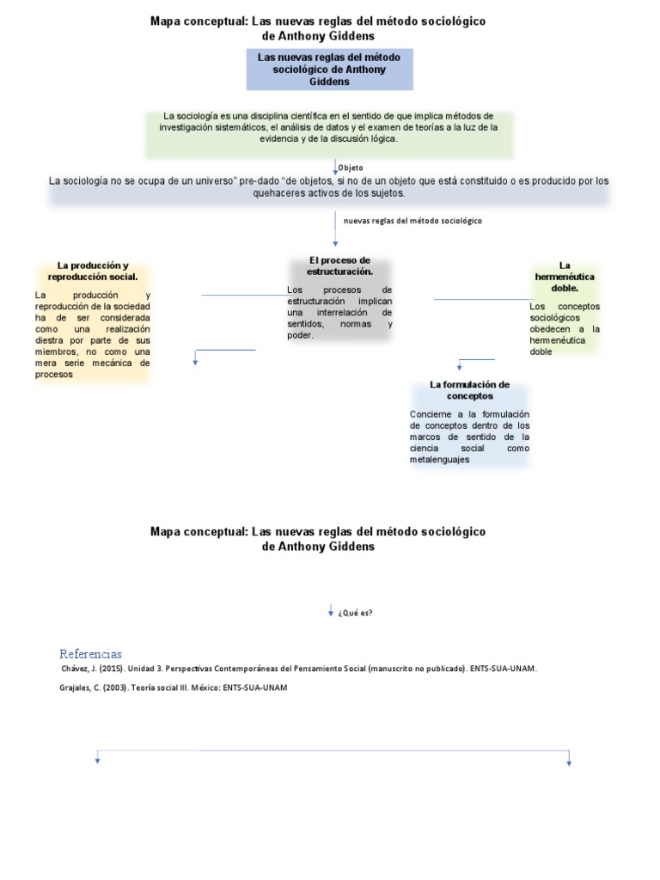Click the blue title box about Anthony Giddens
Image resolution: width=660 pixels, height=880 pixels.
pyautogui.click(x=330, y=69)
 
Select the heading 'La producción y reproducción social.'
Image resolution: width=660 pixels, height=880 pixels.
pyautogui.click(x=93, y=271)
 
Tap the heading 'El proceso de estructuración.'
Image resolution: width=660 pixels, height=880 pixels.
pyautogui.click(x=339, y=266)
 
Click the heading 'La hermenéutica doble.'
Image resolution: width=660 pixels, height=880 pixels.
pyautogui.click(x=565, y=277)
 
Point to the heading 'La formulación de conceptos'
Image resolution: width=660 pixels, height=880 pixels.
pyautogui.click(x=470, y=390)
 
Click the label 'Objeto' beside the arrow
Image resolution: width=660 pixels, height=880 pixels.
pyautogui.click(x=351, y=168)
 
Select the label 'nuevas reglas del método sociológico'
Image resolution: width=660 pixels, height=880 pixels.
pyautogui.click(x=412, y=221)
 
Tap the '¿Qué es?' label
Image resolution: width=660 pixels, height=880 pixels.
pyautogui.click(x=356, y=613)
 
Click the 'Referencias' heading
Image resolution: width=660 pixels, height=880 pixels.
pyautogui.click(x=90, y=653)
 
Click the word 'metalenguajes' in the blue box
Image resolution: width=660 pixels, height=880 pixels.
pyautogui.click(x=439, y=460)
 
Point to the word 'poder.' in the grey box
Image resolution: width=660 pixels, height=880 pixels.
pyautogui.click(x=301, y=335)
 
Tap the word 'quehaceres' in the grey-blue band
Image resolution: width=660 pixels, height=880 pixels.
pyautogui.click(x=280, y=193)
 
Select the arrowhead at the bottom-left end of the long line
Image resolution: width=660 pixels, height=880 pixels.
pyautogui.click(x=98, y=760)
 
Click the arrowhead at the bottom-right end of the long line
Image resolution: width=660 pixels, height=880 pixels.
pyautogui.click(x=569, y=761)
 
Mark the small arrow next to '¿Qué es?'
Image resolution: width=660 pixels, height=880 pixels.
pyautogui.click(x=331, y=611)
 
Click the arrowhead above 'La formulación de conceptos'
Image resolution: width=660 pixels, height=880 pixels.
pyautogui.click(x=460, y=367)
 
